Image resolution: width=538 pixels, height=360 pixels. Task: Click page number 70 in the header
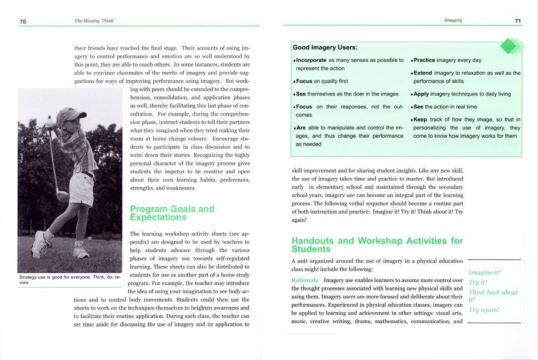point(23,21)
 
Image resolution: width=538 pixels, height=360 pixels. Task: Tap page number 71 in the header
point(517,21)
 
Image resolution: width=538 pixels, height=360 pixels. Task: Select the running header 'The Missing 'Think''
point(98,21)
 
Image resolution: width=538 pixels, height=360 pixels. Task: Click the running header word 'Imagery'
point(453,21)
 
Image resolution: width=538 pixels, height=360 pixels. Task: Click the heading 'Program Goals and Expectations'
point(172,213)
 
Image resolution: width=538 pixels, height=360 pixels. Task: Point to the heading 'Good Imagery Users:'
point(325,48)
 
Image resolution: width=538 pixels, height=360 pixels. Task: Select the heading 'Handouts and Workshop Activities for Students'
point(377,244)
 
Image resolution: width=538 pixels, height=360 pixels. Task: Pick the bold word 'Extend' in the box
point(423,73)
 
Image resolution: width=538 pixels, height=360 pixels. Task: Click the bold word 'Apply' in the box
point(421,94)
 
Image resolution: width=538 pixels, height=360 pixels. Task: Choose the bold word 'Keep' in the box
point(420,119)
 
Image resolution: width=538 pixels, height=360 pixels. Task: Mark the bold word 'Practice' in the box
point(424,60)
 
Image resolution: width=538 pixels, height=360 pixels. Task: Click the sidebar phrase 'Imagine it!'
point(485,273)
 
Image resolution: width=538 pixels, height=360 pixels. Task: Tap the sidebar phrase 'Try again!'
point(484,309)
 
